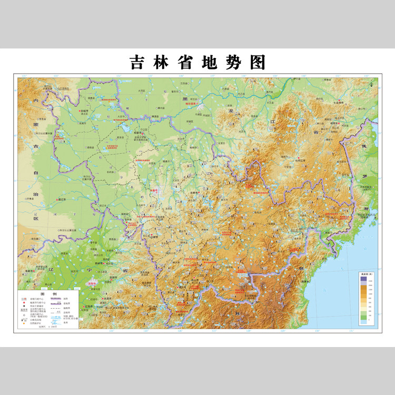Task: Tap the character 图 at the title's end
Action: point(258,63)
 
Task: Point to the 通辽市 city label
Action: point(66,200)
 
